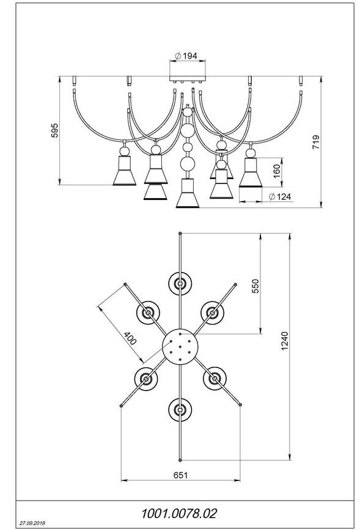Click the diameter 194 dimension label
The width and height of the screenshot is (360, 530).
click(x=186, y=56)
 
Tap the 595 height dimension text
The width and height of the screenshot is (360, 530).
click(x=54, y=130)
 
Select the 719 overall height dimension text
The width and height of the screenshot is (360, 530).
click(x=315, y=142)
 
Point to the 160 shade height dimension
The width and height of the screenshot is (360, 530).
click(x=277, y=171)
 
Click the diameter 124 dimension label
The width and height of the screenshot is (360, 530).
click(x=279, y=196)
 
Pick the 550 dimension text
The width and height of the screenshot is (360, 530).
click(x=255, y=286)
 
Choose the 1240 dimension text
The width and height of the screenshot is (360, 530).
click(x=285, y=340)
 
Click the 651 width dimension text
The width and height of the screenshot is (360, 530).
click(x=180, y=475)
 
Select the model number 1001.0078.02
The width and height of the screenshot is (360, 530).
click(x=178, y=513)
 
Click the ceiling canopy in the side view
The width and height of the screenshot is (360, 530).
click(x=188, y=78)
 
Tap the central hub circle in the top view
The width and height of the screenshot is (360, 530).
click(x=180, y=347)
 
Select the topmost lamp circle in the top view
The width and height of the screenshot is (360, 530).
click(x=180, y=283)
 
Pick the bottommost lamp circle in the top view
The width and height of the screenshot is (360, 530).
click(x=180, y=410)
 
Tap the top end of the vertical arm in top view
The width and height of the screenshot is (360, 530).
click(x=180, y=234)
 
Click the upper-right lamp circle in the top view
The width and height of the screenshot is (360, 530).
click(x=212, y=312)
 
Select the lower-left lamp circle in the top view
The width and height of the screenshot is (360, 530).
click(x=146, y=378)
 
